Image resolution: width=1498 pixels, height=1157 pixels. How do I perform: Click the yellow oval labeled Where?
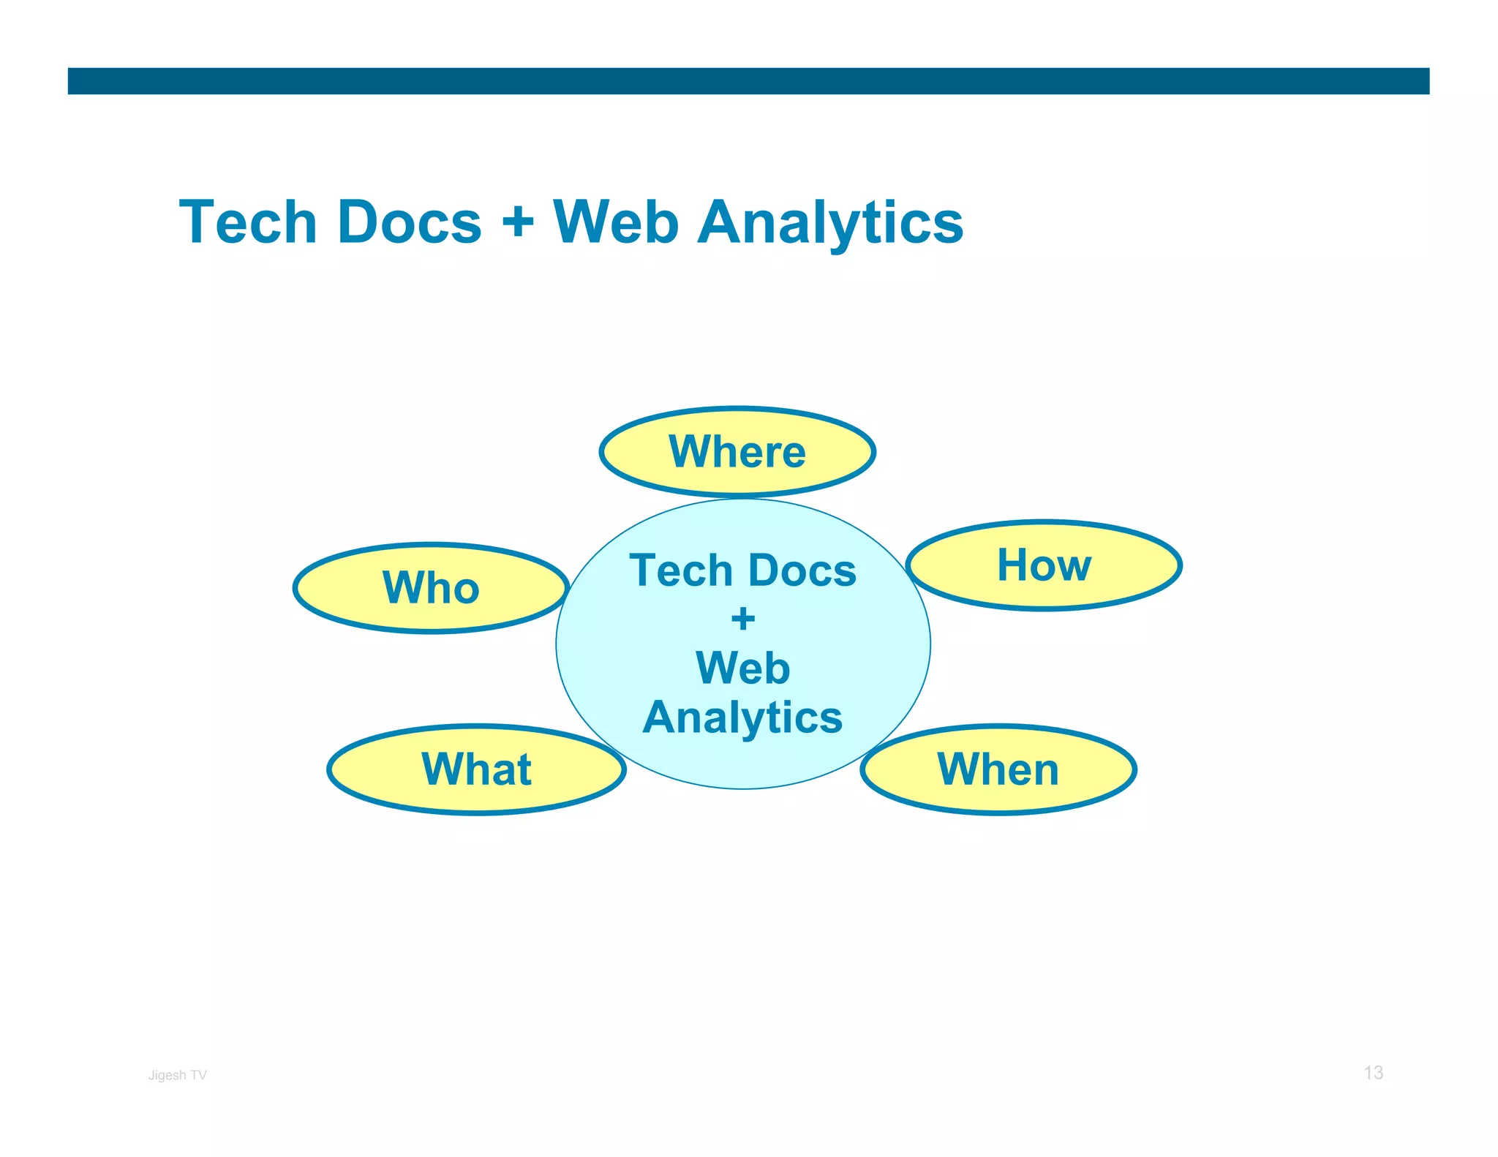click(737, 452)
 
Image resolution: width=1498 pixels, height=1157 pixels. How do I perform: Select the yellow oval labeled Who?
click(431, 588)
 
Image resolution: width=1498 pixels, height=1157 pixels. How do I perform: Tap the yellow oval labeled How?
click(1044, 565)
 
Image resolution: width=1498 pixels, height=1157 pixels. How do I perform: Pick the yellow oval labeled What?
click(476, 769)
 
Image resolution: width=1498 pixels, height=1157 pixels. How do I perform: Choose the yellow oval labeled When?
click(998, 769)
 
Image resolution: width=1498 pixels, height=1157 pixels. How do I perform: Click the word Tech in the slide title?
click(247, 222)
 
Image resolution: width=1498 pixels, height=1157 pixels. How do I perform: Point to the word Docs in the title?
click(410, 222)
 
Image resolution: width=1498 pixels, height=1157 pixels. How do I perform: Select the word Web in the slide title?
click(616, 222)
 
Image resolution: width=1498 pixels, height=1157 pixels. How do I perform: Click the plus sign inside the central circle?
click(743, 619)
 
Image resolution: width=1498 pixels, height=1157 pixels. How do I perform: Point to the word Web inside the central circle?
click(742, 668)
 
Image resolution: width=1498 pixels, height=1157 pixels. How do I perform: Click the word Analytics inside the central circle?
click(742, 717)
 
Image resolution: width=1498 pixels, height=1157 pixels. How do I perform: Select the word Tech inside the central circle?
click(681, 570)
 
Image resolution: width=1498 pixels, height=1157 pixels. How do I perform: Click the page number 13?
click(1373, 1073)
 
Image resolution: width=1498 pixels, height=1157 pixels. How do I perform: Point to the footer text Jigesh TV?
click(177, 1075)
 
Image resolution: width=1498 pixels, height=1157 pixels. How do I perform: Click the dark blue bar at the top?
click(748, 81)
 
